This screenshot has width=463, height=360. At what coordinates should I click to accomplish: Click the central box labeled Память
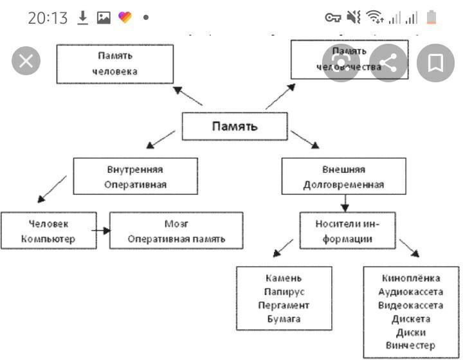(x=235, y=126)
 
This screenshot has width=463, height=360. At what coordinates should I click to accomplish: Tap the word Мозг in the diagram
(x=176, y=224)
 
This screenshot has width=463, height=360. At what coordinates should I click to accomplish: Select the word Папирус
(x=284, y=292)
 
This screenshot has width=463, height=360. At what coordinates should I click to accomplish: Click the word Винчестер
(x=411, y=346)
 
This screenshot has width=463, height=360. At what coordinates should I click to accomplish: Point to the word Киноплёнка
(x=411, y=278)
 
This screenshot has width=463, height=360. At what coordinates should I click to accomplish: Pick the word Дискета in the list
(x=411, y=319)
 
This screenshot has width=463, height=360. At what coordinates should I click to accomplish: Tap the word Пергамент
(x=284, y=305)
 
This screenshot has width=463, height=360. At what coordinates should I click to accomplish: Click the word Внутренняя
(x=135, y=170)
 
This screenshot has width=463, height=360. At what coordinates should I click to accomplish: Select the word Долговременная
(x=343, y=184)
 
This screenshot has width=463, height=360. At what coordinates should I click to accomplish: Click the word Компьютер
(x=48, y=239)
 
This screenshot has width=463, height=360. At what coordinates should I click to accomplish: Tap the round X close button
(x=26, y=62)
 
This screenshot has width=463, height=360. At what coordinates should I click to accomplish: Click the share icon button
(x=388, y=63)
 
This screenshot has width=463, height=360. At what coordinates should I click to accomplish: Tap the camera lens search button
(x=340, y=63)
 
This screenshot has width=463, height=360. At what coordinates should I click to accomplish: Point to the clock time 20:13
(x=48, y=18)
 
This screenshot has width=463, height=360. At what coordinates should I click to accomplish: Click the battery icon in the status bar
(x=431, y=18)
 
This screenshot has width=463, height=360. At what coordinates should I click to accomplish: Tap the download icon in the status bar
(x=82, y=18)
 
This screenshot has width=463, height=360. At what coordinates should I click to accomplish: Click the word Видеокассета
(x=411, y=305)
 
